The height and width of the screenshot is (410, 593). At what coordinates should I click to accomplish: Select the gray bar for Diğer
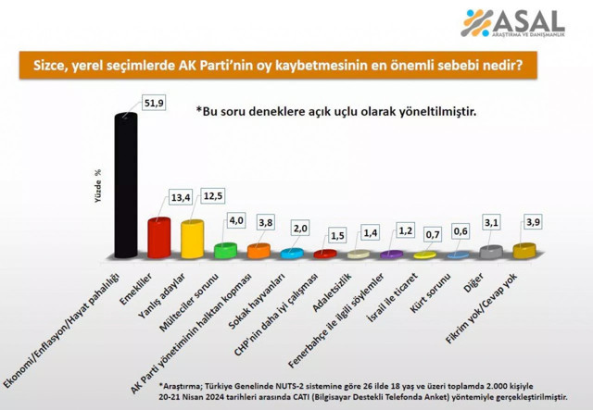pyautogui.click(x=495, y=251)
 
